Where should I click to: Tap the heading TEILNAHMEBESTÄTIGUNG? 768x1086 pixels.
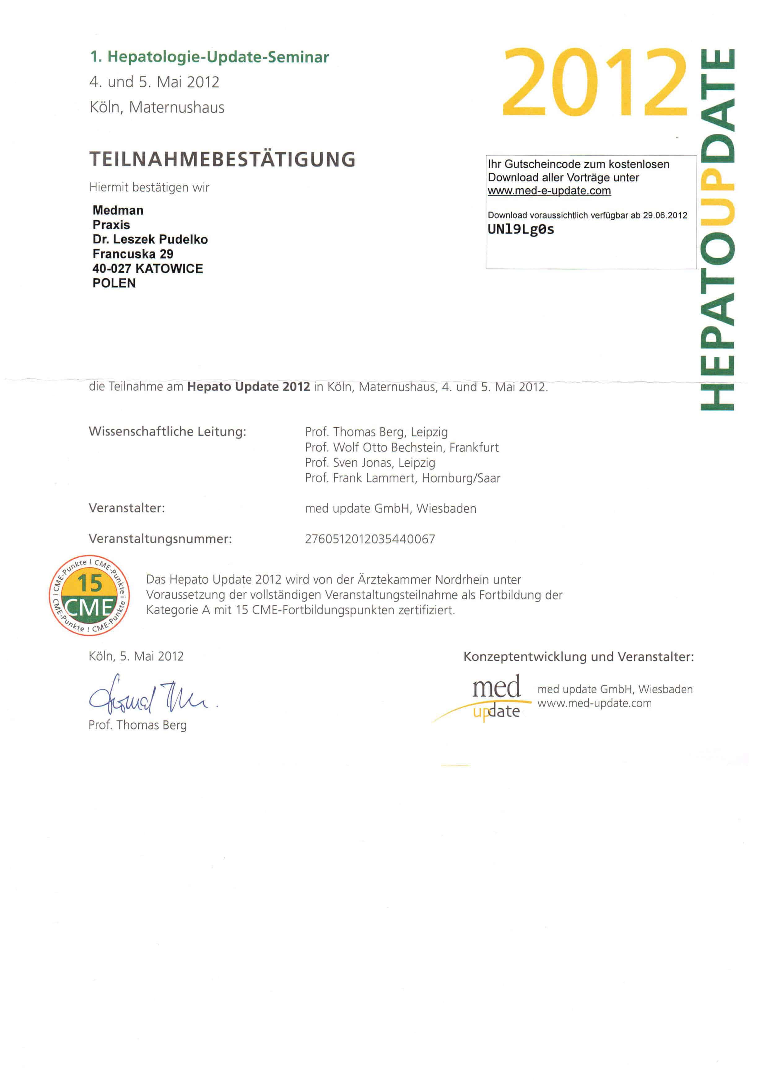222,159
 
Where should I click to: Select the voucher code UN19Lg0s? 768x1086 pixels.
521,230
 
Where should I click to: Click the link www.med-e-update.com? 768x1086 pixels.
549,191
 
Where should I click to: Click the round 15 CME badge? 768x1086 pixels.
89,595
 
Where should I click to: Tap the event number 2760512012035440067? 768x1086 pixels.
370,539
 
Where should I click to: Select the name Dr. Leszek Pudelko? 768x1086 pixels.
150,239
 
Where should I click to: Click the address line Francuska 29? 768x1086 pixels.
133,254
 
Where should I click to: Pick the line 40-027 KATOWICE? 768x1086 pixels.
147,269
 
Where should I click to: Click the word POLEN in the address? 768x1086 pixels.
114,283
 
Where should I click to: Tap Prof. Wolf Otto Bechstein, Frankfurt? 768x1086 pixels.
402,447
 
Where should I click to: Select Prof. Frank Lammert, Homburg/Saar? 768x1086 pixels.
403,478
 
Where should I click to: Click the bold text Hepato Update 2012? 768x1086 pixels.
248,387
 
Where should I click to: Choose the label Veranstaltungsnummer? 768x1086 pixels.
160,539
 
